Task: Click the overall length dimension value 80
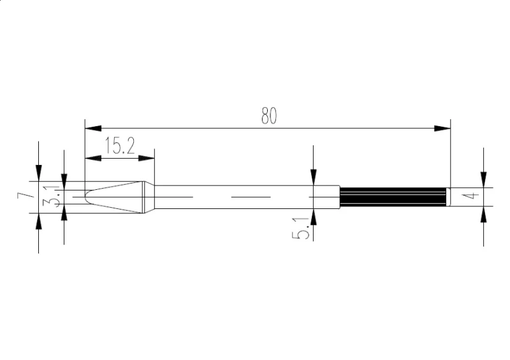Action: click(x=268, y=115)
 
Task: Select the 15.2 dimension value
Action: click(x=119, y=147)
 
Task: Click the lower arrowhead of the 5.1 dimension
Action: click(x=313, y=217)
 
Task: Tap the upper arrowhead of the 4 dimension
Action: click(x=484, y=180)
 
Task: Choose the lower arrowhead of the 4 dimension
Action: click(x=484, y=215)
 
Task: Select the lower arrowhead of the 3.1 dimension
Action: click(x=64, y=214)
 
